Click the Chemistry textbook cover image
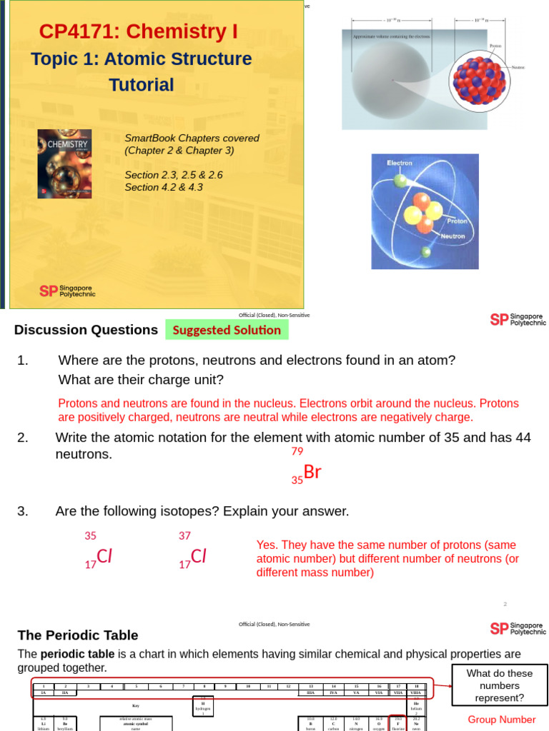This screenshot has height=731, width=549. (64, 163)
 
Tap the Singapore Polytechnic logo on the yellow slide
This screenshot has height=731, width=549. (67, 291)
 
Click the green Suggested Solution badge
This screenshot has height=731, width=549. (227, 330)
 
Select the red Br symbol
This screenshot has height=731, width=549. (312, 472)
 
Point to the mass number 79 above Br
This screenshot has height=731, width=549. (297, 451)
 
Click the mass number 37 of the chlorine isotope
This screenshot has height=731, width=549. (184, 535)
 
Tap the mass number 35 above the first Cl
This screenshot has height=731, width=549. (90, 535)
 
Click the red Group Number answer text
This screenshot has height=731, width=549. (501, 720)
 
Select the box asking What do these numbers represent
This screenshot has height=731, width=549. (500, 685)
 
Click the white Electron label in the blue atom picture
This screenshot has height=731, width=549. (400, 163)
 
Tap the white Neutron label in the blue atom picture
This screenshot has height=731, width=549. (452, 236)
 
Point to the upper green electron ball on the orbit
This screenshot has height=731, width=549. (400, 181)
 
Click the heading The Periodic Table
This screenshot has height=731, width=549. (77, 635)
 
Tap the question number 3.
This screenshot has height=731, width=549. (23, 511)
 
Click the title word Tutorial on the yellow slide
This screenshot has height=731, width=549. (141, 85)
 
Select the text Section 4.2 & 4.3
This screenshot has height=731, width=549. (164, 187)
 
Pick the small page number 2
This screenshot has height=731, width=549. (505, 604)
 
